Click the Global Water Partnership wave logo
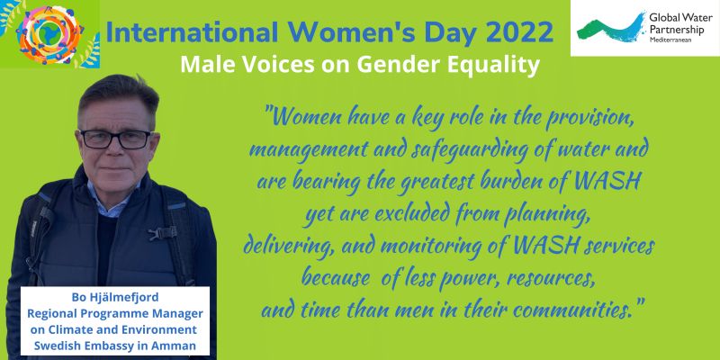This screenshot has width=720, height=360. tap(611, 28)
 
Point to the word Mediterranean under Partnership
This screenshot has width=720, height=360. tap(670, 40)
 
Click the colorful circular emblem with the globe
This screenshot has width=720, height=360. tap(49, 34)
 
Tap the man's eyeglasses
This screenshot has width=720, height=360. tap(117, 139)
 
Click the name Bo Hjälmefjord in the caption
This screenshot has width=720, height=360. tap(115, 298)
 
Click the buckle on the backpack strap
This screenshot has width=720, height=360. tap(161, 233)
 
